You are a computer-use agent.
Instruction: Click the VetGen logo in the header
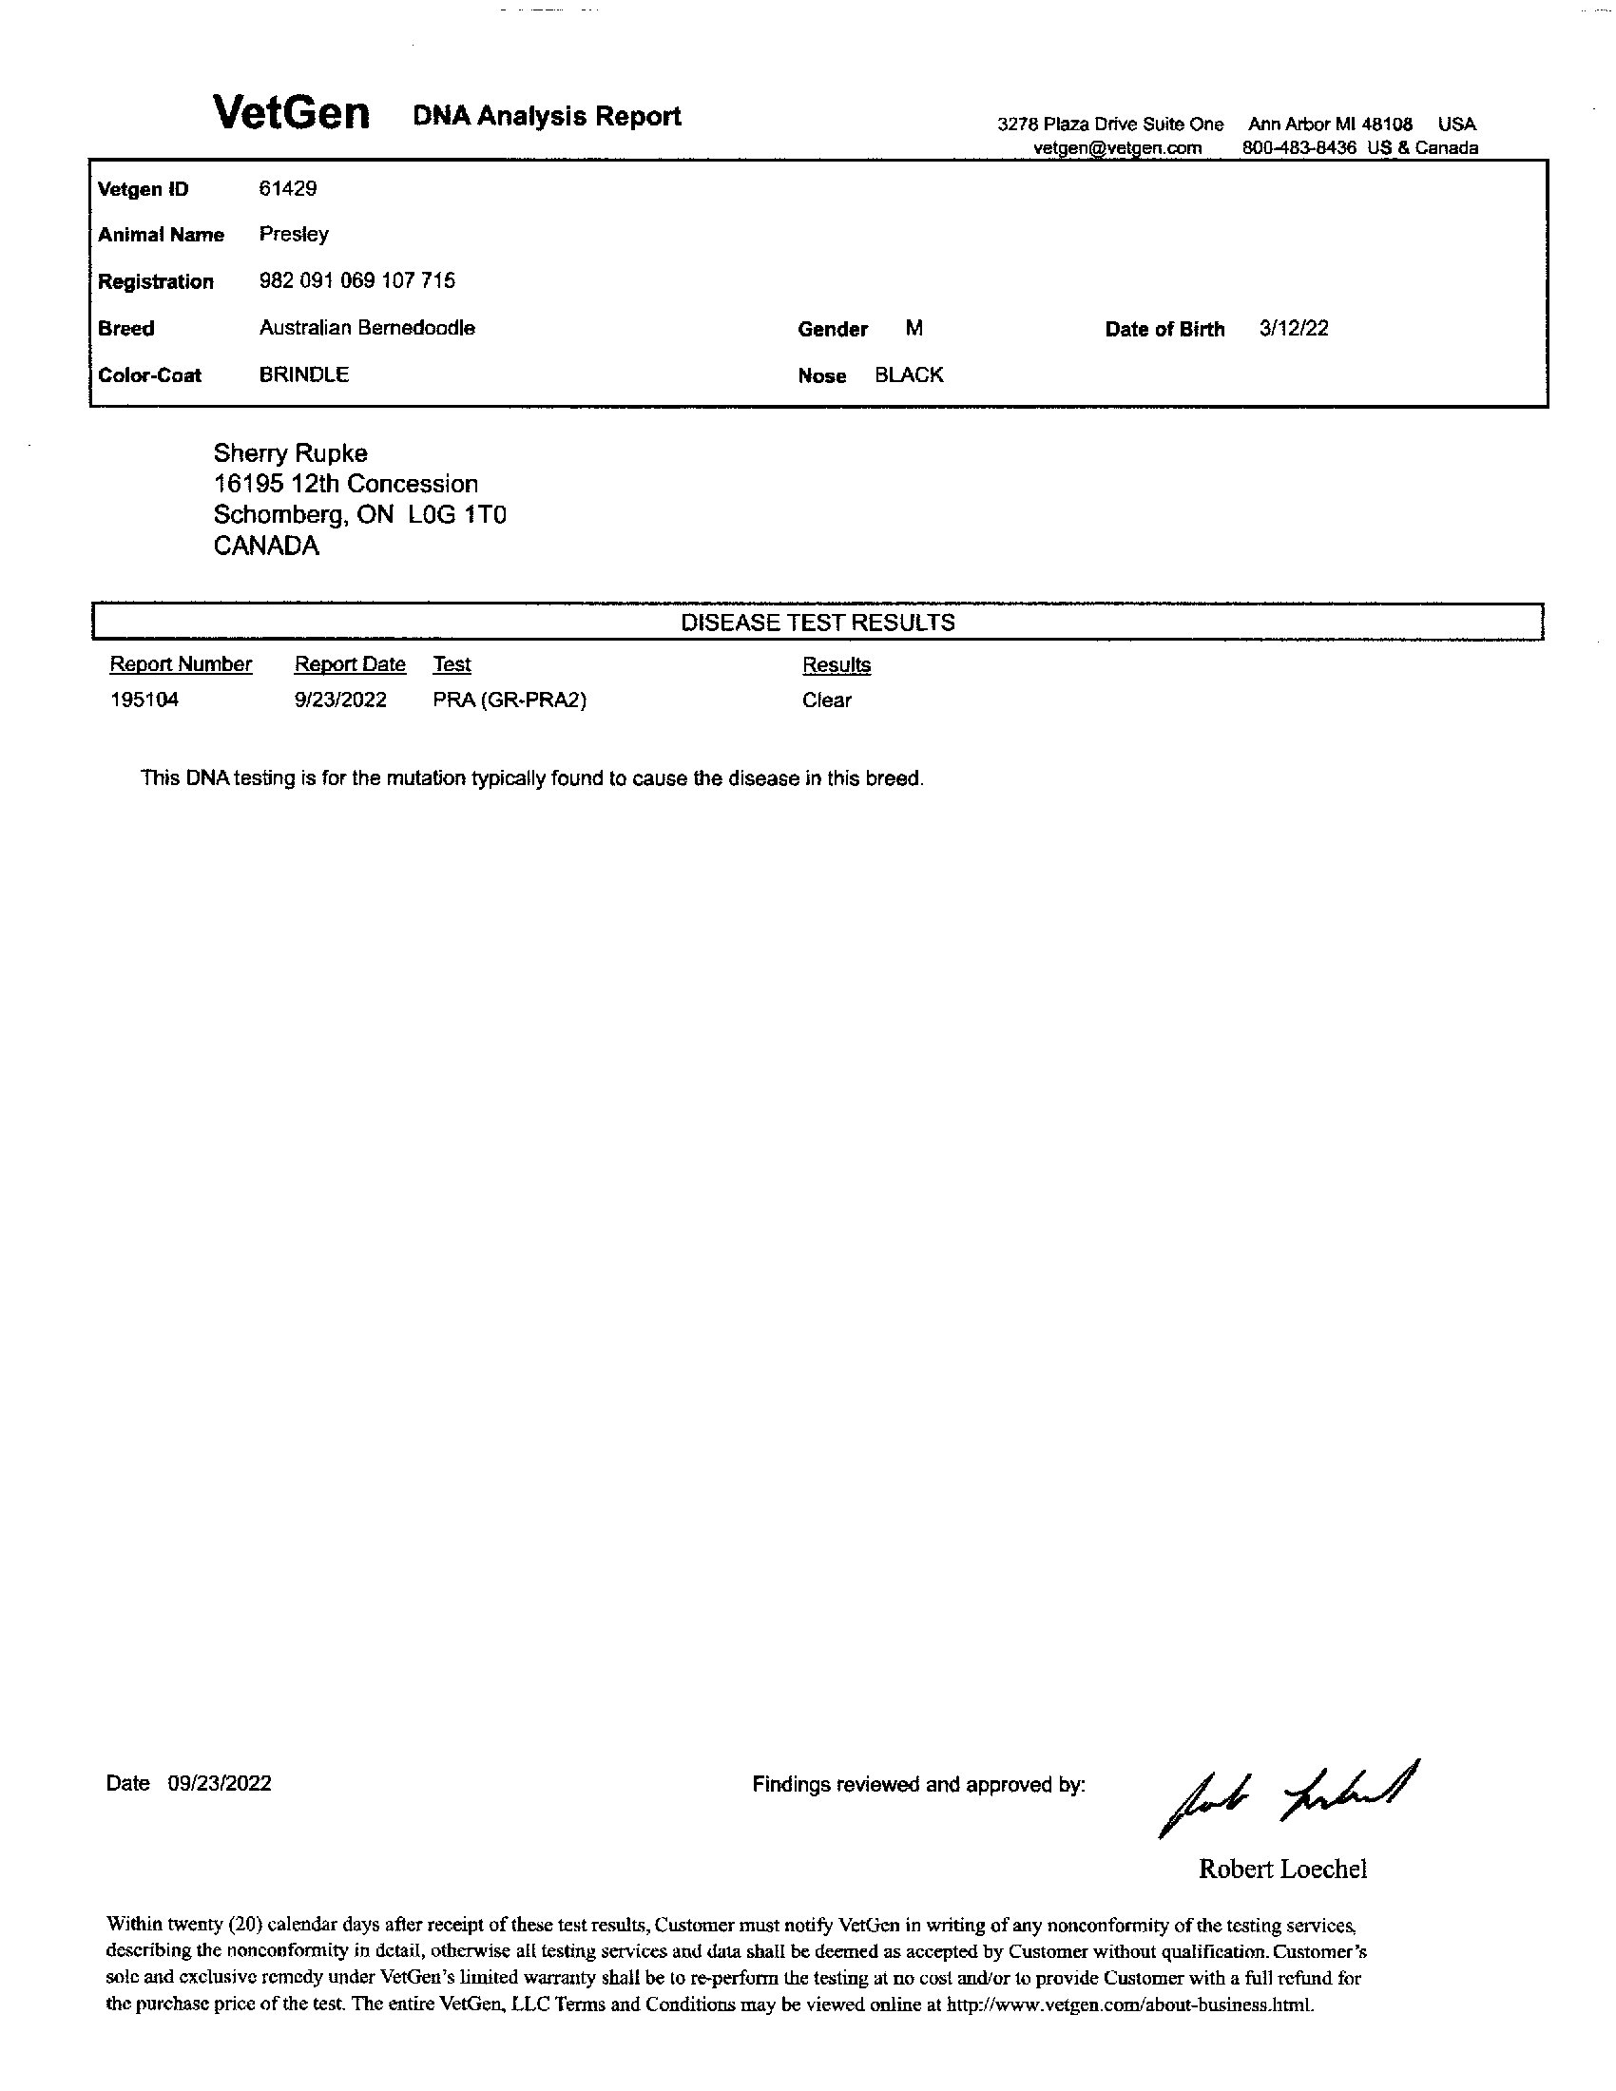(291, 114)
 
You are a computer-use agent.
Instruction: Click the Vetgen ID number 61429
(287, 188)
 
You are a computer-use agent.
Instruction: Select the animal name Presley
(294, 235)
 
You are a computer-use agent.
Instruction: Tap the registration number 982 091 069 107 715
(357, 280)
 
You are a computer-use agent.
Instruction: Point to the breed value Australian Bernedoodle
(367, 328)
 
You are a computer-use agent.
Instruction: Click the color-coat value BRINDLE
(303, 374)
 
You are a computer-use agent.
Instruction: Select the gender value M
(914, 329)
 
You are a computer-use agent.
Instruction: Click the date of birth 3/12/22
(1294, 329)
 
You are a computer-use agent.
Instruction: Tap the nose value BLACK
(909, 375)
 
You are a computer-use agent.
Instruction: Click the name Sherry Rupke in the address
(290, 452)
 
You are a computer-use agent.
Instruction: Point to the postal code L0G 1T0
(456, 515)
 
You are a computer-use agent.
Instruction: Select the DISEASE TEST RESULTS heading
(818, 623)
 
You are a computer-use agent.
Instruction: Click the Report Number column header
(181, 664)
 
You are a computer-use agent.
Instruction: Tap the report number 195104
(144, 700)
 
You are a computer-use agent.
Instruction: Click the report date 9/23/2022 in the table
(341, 700)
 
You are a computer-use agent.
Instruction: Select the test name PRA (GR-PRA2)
(510, 700)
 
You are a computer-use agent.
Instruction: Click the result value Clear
(827, 700)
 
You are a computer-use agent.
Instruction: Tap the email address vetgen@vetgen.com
(1117, 148)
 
